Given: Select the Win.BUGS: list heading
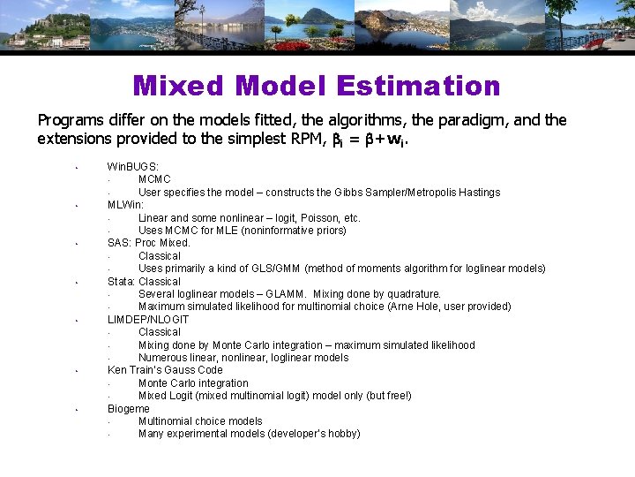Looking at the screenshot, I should pos(133,166).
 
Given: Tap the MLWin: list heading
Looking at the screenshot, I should pos(126,205).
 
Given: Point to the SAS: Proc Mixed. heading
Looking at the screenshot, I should pos(149,243).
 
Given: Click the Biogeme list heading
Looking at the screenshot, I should pos(129,409).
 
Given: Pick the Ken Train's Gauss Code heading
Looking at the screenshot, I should pos(165,370).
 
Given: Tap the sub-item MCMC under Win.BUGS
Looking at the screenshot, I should pos(154,179).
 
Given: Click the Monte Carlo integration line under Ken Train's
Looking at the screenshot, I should pos(193,383).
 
